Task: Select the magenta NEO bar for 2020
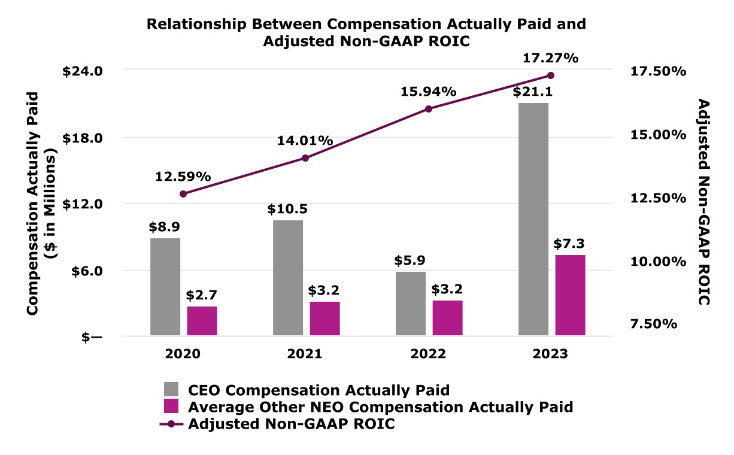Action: point(202,321)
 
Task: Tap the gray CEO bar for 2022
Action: point(410,304)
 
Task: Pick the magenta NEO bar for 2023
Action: point(570,295)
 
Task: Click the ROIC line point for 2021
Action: point(305,158)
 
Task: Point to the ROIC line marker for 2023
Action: point(551,75)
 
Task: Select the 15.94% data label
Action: point(429,92)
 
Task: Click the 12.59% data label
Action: point(183,177)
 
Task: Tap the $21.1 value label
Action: point(532,92)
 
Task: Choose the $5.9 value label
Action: point(410,261)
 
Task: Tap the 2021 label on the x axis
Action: point(305,353)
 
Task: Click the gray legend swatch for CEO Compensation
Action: point(171,390)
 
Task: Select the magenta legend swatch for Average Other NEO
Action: point(171,406)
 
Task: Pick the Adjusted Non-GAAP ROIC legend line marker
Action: point(171,423)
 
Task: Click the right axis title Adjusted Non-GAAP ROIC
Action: point(705,202)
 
